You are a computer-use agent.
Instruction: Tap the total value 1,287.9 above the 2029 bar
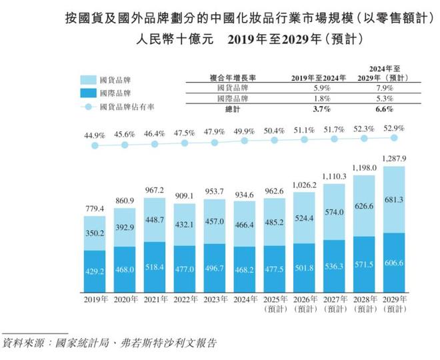click(x=395, y=157)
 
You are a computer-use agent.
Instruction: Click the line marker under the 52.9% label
click(x=395, y=138)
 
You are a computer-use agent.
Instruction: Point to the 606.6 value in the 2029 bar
click(x=395, y=263)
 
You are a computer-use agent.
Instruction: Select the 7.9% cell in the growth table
click(x=393, y=88)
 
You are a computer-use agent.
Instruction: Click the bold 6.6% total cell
click(x=393, y=109)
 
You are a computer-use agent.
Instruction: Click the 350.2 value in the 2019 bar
click(x=94, y=234)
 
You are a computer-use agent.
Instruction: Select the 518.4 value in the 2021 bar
click(x=155, y=267)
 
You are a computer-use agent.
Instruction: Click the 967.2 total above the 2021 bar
click(x=155, y=189)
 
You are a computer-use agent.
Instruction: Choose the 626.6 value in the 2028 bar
click(x=365, y=207)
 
